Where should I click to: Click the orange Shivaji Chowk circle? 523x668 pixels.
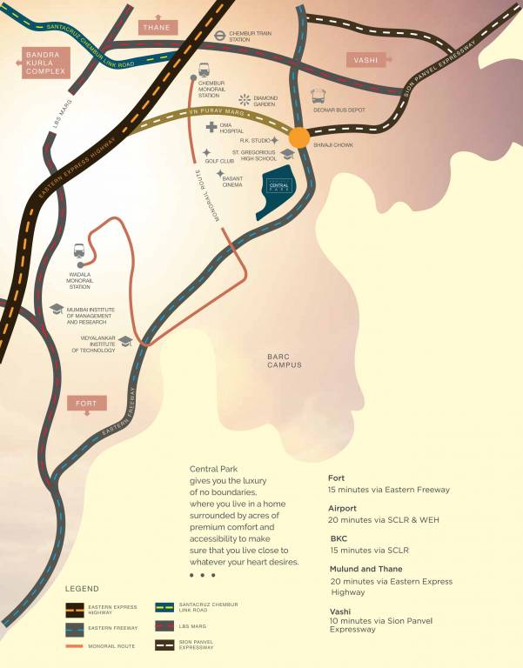(x=298, y=137)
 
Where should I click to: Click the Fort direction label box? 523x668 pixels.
(x=87, y=404)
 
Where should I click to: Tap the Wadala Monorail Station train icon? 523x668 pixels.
(x=80, y=250)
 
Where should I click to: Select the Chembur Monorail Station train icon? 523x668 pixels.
(x=203, y=70)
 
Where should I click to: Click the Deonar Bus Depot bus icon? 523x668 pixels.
(x=318, y=97)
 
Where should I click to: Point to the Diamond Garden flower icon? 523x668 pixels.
(x=245, y=100)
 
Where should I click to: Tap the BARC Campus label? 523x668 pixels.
(x=285, y=360)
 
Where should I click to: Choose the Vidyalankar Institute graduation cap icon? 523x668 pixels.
(x=125, y=342)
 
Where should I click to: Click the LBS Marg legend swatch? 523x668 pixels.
(x=164, y=626)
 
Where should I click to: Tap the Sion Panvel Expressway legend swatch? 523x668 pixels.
(x=164, y=645)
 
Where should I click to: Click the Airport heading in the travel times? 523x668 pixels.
(x=343, y=508)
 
